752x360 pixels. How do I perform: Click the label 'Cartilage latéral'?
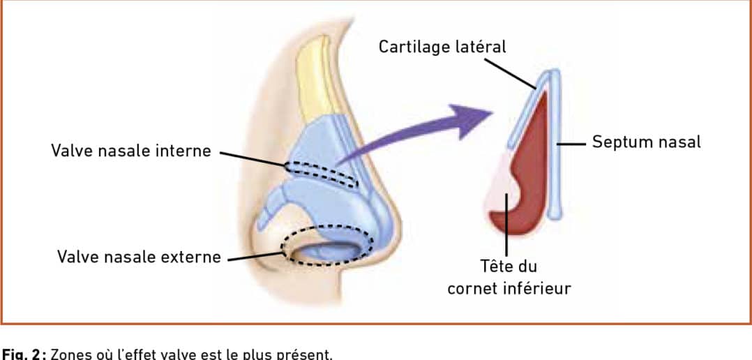pyautogui.click(x=442, y=47)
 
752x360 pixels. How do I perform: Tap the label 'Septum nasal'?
pyautogui.click(x=646, y=142)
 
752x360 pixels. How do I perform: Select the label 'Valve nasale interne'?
pyautogui.click(x=131, y=151)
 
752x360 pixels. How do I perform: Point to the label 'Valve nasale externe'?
pyautogui.click(x=139, y=257)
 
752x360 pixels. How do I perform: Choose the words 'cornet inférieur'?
pyautogui.click(x=509, y=289)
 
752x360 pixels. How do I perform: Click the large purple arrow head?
pyautogui.click(x=472, y=120)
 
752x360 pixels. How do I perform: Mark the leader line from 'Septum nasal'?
pyautogui.click(x=572, y=143)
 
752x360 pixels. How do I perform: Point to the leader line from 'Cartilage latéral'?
pyautogui.click(x=510, y=74)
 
